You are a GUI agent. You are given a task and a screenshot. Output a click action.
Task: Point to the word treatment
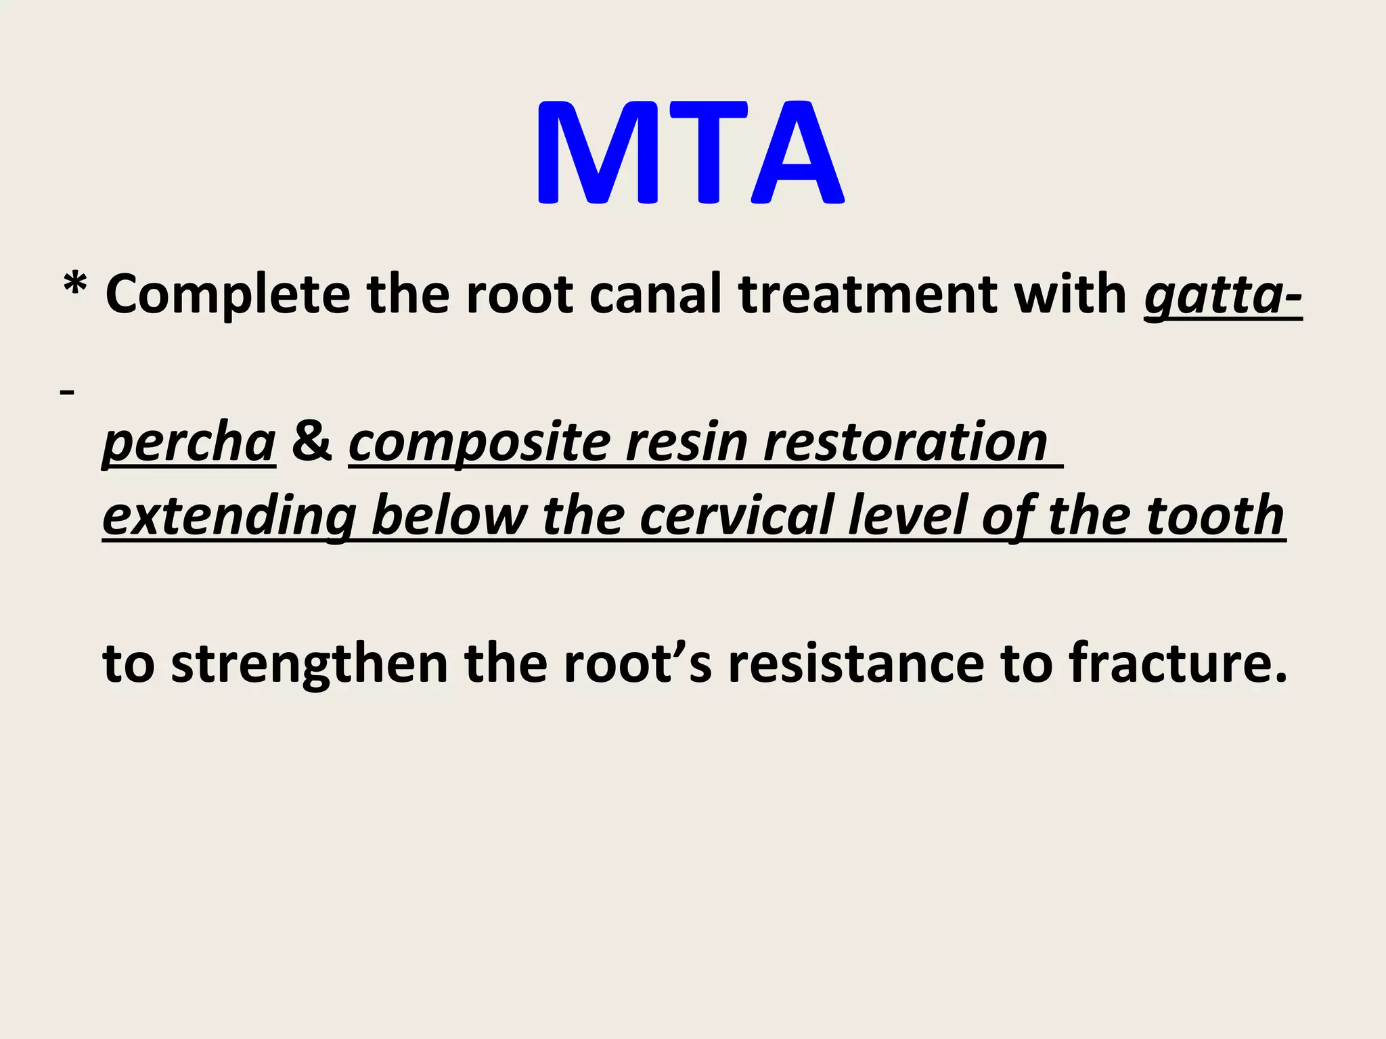(x=868, y=296)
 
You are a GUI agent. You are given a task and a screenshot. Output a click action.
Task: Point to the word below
(x=449, y=516)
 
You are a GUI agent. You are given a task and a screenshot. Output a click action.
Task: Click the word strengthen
(x=309, y=665)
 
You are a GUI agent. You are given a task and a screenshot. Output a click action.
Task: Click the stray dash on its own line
(x=67, y=392)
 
